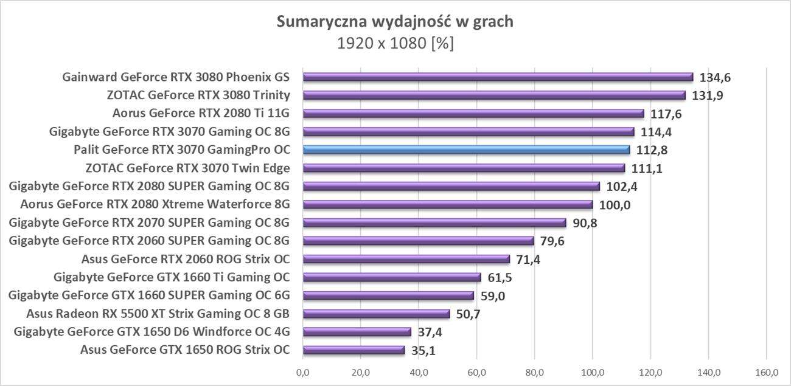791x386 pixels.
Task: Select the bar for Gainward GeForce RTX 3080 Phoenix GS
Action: click(x=498, y=77)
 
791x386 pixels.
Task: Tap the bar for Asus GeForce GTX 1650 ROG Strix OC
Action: click(x=354, y=350)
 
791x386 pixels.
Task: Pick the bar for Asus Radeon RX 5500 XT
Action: click(x=376, y=314)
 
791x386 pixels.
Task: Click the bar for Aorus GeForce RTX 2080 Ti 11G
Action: click(x=473, y=113)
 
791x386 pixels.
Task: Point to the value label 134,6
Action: click(x=714, y=77)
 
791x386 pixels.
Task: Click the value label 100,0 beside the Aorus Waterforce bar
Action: click(x=614, y=205)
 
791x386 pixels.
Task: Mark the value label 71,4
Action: click(x=528, y=260)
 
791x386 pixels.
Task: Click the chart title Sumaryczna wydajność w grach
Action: click(x=395, y=22)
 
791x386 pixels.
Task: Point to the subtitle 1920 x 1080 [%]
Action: click(x=395, y=44)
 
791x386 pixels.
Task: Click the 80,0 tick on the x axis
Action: click(x=534, y=372)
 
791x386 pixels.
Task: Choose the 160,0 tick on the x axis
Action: click(x=766, y=372)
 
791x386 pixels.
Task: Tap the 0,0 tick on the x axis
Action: click(x=302, y=372)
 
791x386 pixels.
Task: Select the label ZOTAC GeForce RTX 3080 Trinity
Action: click(x=198, y=95)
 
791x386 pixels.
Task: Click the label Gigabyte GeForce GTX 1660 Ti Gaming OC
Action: click(x=172, y=277)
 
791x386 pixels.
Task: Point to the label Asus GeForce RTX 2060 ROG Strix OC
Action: click(x=185, y=259)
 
